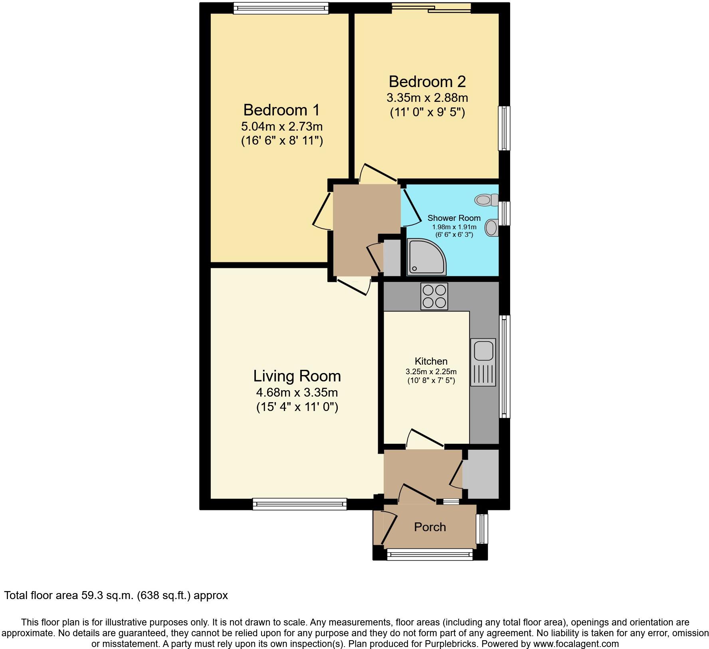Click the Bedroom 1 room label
coord(281,109)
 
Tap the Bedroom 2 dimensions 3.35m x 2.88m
coord(427,98)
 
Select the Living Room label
coord(297,376)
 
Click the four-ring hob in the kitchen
coord(434,296)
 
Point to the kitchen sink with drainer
coord(483,362)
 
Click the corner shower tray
coord(426,257)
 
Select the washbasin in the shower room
coord(491,228)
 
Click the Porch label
coord(430,527)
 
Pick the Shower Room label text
coord(454,218)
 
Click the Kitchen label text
coord(431,361)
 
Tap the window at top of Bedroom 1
coord(281,8)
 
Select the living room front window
coord(299,504)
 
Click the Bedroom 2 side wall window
coord(504,128)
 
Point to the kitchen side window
coord(505,366)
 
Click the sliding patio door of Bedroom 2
coord(431,8)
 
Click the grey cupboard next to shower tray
coord(392,258)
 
